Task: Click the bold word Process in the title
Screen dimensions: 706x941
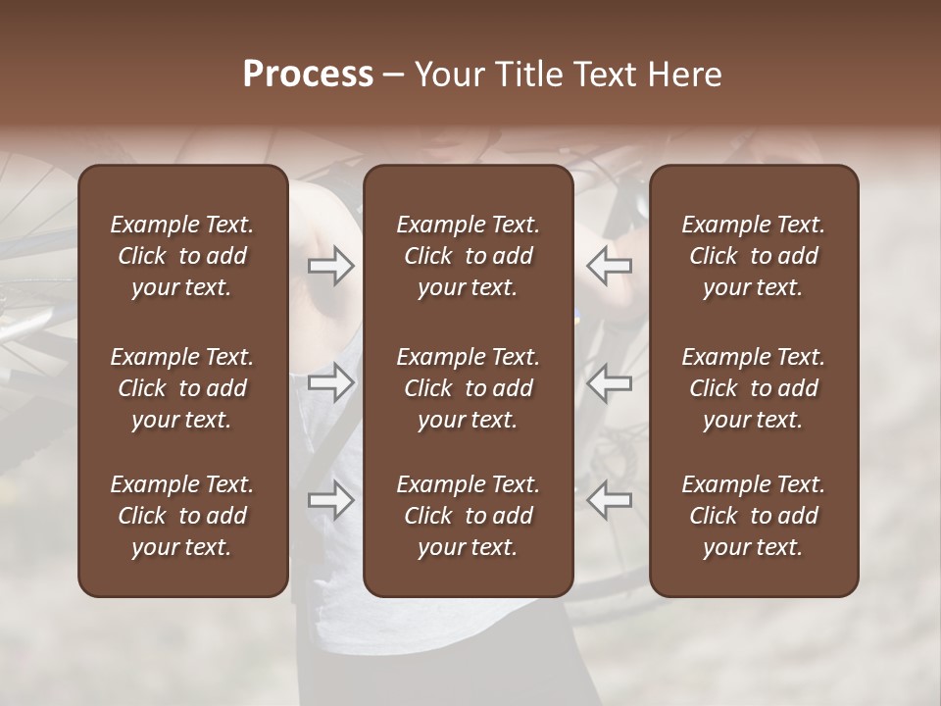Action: pos(308,75)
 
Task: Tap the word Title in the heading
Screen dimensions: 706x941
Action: pos(529,75)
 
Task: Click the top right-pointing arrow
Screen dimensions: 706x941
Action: pos(331,266)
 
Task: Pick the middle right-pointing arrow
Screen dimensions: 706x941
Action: pos(331,382)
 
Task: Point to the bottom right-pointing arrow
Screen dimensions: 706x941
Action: pos(331,500)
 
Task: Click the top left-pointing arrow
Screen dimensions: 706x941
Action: pos(609,266)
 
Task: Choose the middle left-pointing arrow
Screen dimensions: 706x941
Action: pos(609,382)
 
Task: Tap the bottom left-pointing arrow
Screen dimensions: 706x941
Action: pos(609,500)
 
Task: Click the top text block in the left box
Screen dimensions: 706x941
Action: pos(182,256)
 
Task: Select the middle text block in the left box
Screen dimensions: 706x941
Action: pos(182,388)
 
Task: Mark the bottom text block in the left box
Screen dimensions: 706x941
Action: pos(182,516)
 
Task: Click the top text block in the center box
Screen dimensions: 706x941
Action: pos(468,256)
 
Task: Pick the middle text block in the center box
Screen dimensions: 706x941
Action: pos(468,388)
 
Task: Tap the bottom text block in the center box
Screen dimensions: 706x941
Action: pos(468,516)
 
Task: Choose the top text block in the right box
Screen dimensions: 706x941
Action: pos(753,256)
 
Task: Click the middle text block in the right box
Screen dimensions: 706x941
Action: pos(753,388)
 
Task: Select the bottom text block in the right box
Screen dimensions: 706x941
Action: pos(753,516)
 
